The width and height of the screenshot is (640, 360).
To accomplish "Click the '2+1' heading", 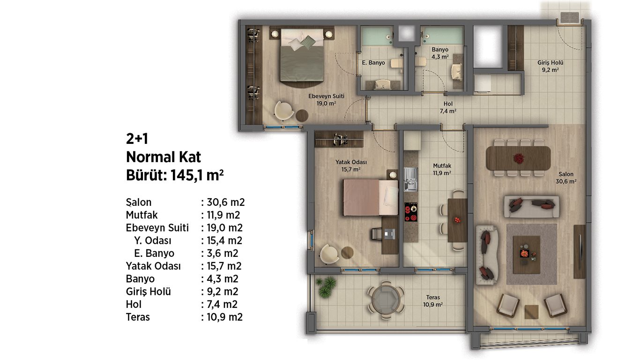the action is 137,139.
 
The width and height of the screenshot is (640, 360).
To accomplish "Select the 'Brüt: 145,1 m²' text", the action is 175,175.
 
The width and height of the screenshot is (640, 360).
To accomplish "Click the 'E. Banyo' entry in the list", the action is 154,253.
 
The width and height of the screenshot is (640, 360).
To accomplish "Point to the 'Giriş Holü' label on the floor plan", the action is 551,63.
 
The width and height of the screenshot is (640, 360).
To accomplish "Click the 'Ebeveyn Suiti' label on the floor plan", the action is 326,97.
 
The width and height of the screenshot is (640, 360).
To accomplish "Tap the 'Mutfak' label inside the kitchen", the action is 442,166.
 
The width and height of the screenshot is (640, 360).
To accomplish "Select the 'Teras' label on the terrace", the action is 433,297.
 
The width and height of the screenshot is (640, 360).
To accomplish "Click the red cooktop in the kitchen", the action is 410,212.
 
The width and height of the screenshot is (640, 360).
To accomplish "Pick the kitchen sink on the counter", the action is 410,179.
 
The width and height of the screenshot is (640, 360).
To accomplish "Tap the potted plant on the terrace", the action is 326,287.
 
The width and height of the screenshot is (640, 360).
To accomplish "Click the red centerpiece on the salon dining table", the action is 518,158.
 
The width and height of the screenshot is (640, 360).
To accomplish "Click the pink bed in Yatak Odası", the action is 371,197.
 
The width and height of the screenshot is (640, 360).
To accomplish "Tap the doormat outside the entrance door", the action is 569,17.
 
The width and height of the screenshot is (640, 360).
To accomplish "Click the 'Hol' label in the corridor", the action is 448,104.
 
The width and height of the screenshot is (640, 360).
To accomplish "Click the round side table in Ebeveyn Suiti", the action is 302,115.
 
